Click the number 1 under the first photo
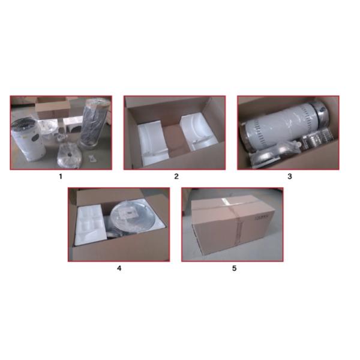tap(61, 176)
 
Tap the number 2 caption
tap(176, 176)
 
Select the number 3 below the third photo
tap(290, 176)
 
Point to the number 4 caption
tap(119, 268)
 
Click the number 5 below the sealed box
tap(234, 268)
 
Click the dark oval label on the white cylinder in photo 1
tap(35, 138)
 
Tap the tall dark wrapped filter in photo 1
tap(91, 123)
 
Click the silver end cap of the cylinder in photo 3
tap(320, 113)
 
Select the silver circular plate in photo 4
tap(130, 215)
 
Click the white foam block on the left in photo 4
tap(90, 225)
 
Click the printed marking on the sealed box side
tap(262, 217)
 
